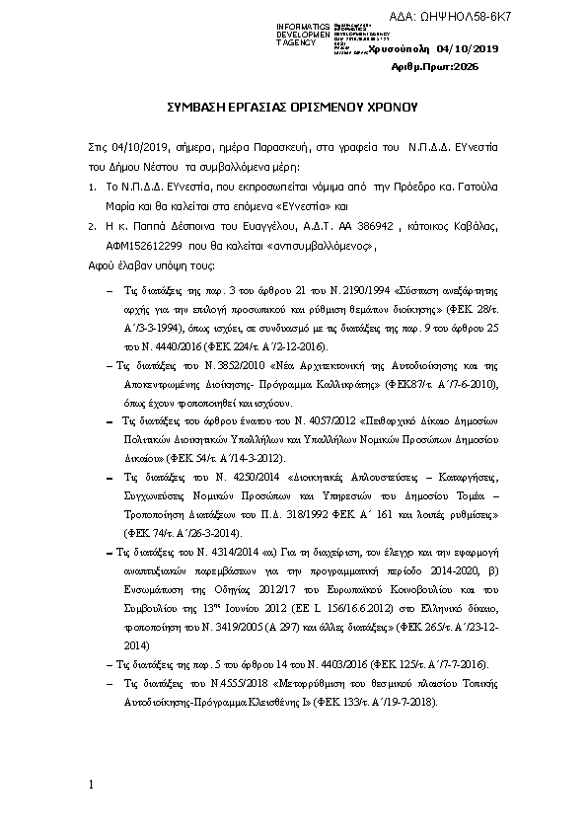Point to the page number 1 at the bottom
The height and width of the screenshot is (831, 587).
[90, 785]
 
